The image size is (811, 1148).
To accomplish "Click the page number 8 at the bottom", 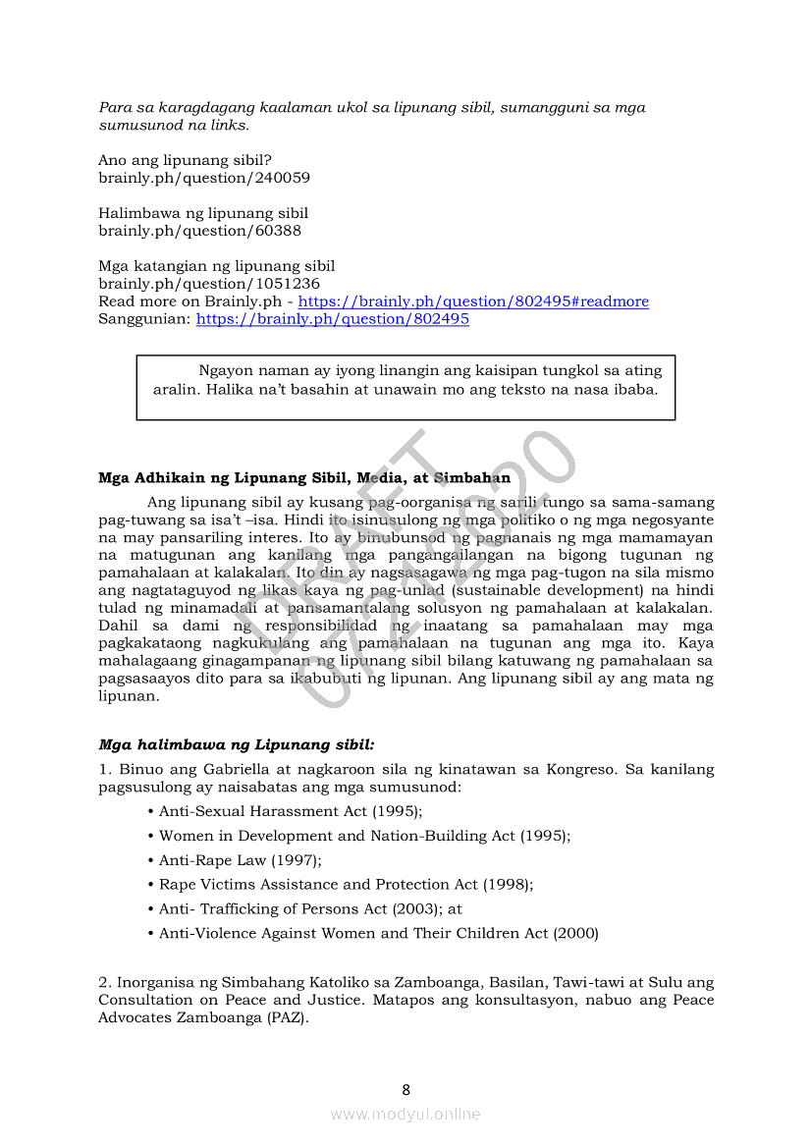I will pos(405,1089).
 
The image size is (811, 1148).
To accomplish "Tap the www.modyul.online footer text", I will pos(405,1114).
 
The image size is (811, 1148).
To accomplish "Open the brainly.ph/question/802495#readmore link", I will pos(473,301).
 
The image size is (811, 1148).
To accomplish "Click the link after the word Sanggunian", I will pos(333,319).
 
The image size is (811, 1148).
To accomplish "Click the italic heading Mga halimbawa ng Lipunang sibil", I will pos(236,745).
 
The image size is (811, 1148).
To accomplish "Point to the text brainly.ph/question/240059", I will pos(204,178).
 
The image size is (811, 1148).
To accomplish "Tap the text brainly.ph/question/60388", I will pos(199,231).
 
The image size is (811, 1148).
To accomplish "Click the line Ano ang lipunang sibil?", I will pos(185,160).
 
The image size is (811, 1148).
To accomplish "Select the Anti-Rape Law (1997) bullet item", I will pos(240,860).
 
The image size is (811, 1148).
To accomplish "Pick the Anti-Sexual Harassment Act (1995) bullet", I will pos(291,811).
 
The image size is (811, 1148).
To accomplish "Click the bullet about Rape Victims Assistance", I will pos(346,885).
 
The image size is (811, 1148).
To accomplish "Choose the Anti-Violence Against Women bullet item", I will pos(378,933).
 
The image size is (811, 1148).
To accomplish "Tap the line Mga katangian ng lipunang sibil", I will pos(216,266).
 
